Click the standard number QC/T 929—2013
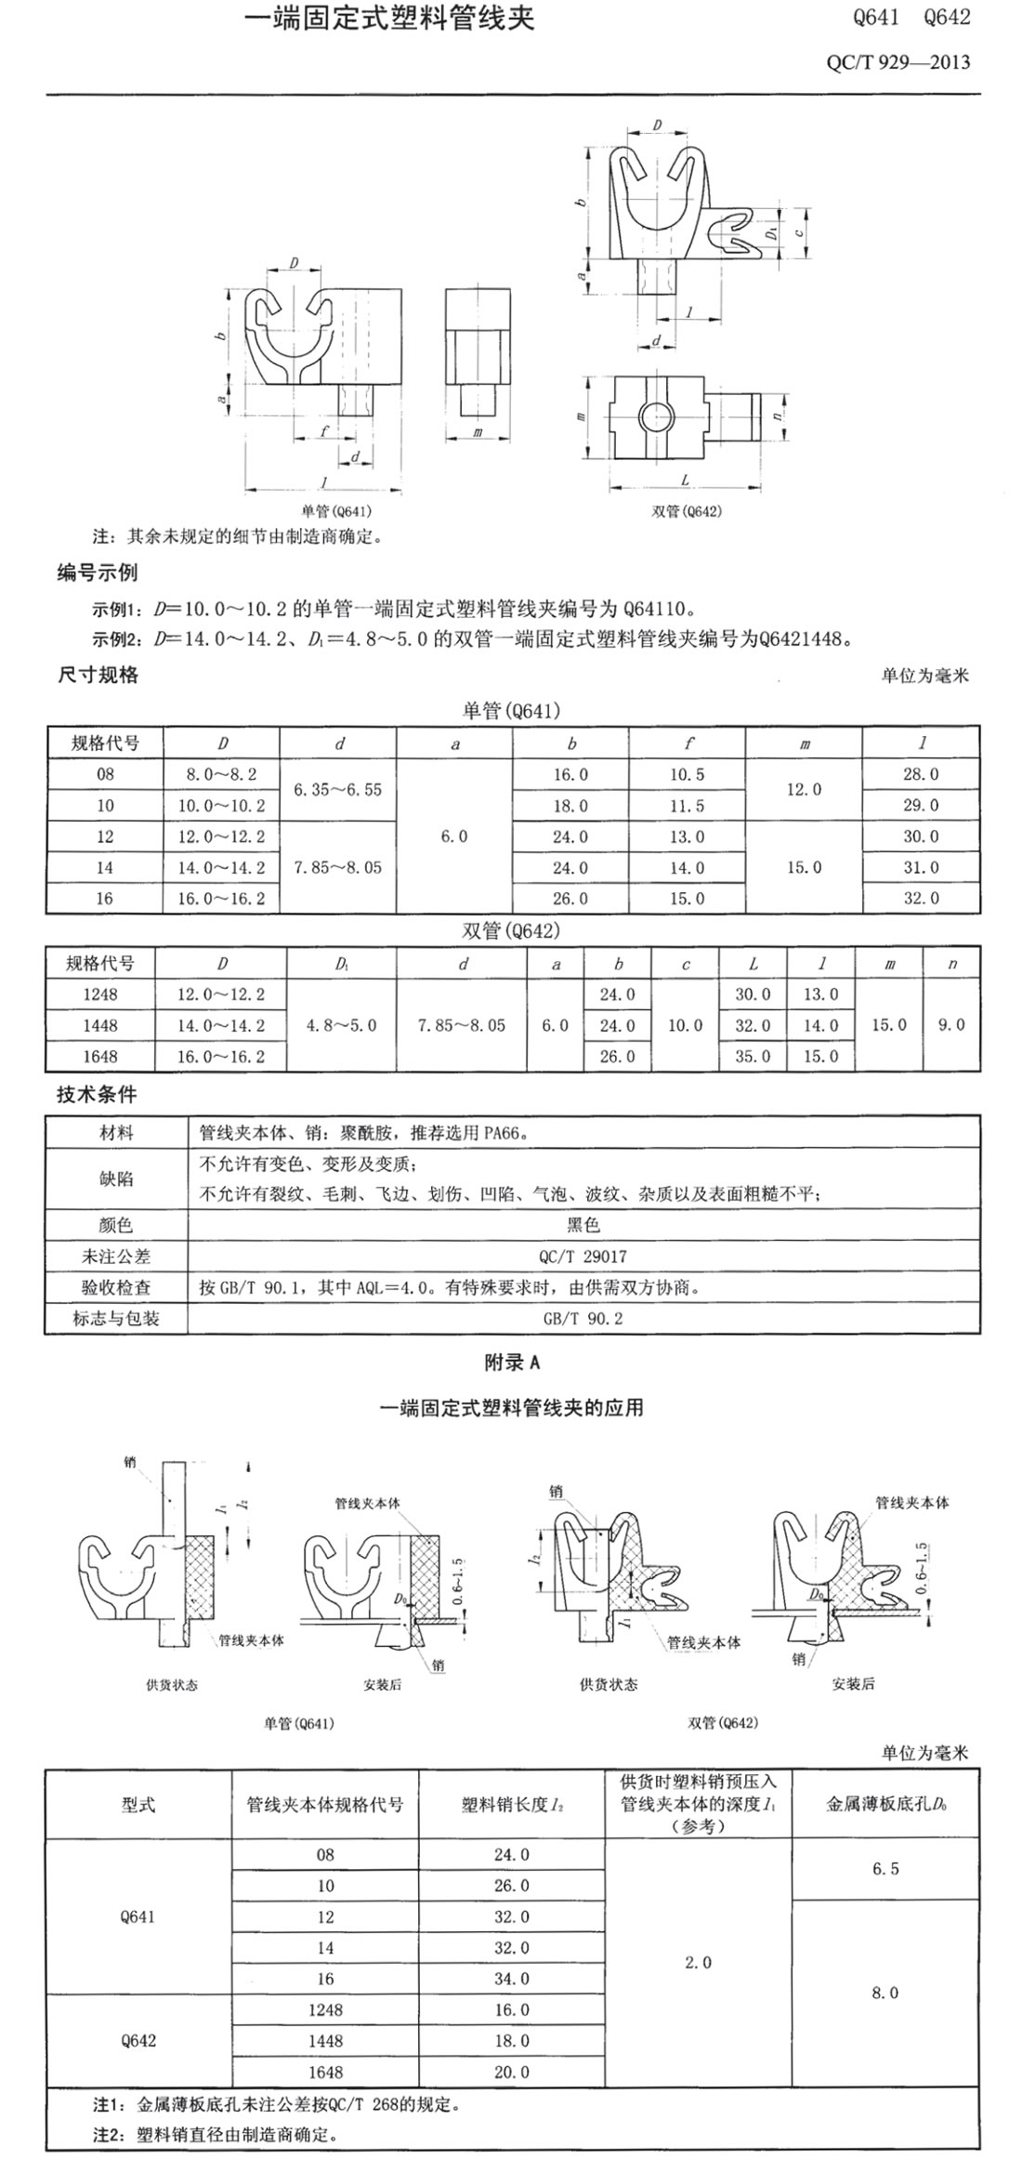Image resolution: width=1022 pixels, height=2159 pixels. (898, 62)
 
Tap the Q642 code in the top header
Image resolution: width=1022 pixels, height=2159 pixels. (947, 18)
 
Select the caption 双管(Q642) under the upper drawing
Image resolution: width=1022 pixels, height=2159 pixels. (687, 510)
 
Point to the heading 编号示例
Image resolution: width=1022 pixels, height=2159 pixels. (97, 573)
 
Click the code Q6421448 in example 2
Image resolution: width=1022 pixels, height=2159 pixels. (804, 638)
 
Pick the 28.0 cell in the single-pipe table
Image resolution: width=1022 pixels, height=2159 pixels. (921, 774)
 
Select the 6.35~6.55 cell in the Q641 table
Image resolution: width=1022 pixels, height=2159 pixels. (337, 790)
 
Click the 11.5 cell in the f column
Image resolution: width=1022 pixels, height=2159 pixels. (687, 806)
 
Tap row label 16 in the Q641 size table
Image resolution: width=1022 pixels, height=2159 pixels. (104, 899)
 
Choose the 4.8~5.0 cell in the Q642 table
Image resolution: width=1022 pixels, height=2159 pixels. (341, 1025)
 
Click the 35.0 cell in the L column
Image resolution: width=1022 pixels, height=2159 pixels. (753, 1057)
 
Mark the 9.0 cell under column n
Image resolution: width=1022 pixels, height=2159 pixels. (951, 1025)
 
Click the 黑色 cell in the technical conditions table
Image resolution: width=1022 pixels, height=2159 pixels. (583, 1225)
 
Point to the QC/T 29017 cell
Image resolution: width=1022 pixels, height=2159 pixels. (583, 1257)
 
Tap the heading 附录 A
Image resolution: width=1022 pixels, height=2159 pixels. (512, 1363)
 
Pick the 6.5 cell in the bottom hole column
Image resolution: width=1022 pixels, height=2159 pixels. (885, 1869)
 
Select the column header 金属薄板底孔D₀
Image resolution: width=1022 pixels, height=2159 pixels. (885, 1805)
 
